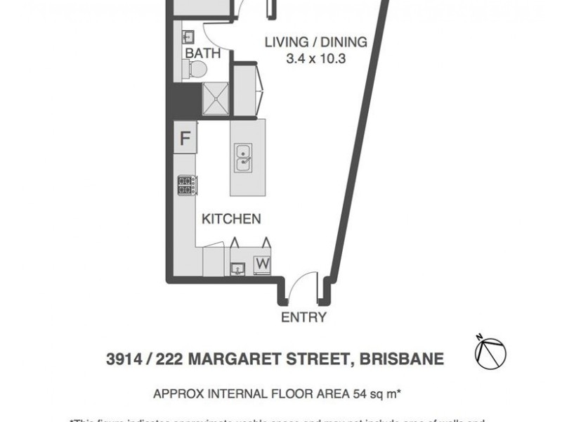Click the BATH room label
pyautogui.click(x=203, y=53)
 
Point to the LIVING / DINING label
pyautogui.click(x=315, y=42)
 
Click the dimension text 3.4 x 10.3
pyautogui.click(x=316, y=60)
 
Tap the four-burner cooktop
pyautogui.click(x=186, y=186)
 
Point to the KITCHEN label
pyautogui.click(x=231, y=219)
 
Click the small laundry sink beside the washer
pyautogui.click(x=237, y=268)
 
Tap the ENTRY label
pyautogui.click(x=303, y=317)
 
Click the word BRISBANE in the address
pyautogui.click(x=401, y=359)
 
